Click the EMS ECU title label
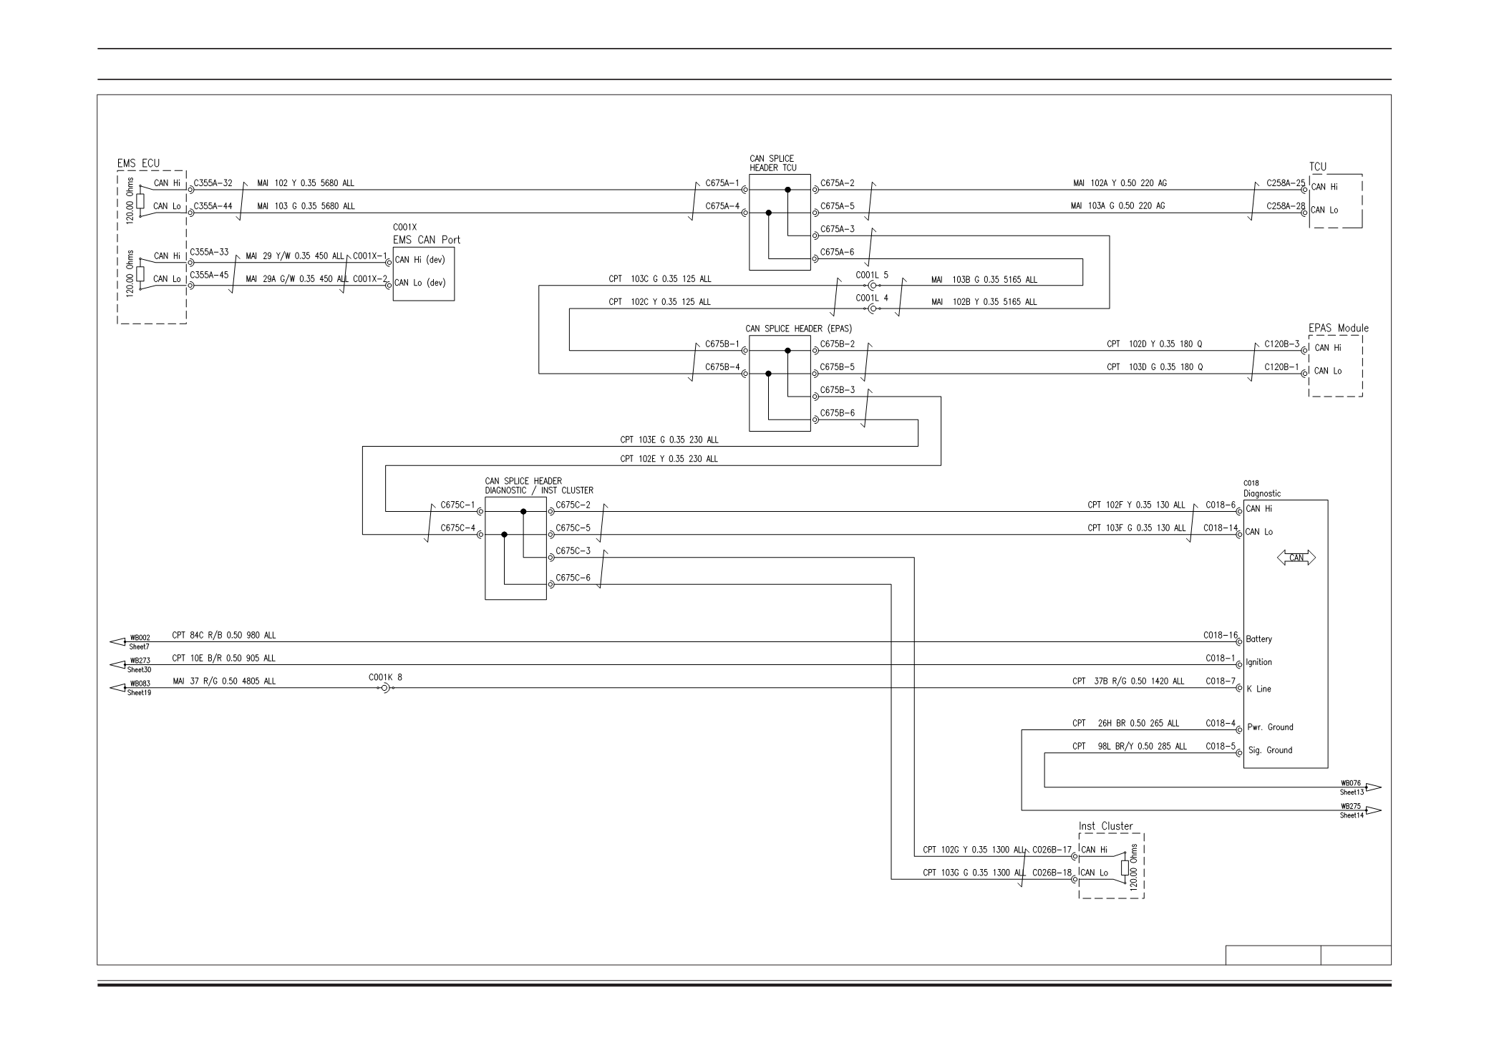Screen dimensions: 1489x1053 (138, 163)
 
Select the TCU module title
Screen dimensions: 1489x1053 (1318, 167)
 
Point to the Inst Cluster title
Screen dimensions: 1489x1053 (1106, 826)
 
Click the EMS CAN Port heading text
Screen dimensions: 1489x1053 (427, 240)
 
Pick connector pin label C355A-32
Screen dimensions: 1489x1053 (213, 183)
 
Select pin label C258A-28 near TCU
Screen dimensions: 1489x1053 (1286, 206)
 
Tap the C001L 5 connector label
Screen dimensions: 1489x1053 (872, 275)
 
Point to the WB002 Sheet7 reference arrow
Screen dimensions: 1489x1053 (131, 641)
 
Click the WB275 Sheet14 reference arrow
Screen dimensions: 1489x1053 (1360, 810)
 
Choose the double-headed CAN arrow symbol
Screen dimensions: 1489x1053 (1296, 558)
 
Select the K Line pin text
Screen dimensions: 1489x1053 (1258, 689)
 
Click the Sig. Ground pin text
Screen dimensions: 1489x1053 (1271, 750)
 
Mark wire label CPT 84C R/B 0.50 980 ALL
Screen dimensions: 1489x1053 (224, 635)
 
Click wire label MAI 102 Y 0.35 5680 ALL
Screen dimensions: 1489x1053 (306, 183)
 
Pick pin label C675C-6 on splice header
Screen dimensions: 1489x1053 (573, 578)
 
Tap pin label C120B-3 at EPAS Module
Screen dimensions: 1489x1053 (1281, 344)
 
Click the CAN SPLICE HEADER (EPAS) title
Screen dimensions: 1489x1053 (799, 329)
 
